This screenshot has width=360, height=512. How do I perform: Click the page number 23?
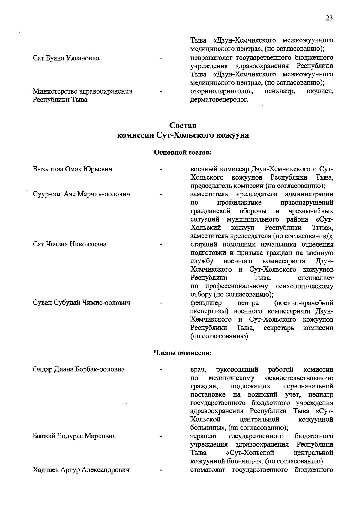click(329, 18)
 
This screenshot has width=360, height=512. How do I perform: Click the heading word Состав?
click(183, 125)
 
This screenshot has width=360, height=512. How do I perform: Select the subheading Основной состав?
click(183, 153)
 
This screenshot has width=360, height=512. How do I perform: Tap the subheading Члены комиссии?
click(183, 353)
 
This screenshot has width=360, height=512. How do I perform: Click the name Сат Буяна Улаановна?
click(66, 58)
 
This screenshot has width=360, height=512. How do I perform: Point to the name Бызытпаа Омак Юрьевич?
click(73, 169)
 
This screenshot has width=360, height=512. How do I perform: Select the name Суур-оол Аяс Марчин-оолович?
click(82, 194)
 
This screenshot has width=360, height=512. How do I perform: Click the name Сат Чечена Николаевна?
click(70, 244)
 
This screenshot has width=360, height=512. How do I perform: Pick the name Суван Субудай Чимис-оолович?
click(82, 303)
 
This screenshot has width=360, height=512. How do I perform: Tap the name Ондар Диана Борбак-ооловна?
click(79, 369)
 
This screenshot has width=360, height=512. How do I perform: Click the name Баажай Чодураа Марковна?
click(74, 436)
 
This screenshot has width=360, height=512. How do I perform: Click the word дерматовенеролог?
click(220, 99)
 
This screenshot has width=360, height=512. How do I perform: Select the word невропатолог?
click(211, 58)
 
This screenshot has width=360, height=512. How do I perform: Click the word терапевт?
click(204, 436)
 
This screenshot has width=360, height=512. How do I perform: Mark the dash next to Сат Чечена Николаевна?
click(161, 244)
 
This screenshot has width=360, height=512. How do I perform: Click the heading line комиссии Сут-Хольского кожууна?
click(183, 135)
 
